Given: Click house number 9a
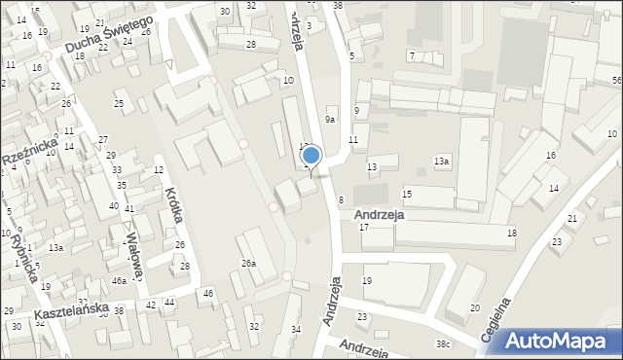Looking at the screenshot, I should [x=331, y=119].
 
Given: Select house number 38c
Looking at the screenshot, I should [x=444, y=344].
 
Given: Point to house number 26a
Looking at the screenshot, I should [x=249, y=264].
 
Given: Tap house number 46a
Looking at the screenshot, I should [x=119, y=280].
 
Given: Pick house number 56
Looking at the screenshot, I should [x=616, y=80].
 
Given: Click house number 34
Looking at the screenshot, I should [x=296, y=330].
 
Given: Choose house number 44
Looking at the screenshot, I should [x=168, y=303].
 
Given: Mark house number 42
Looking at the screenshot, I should [x=150, y=305].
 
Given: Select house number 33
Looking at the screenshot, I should [x=118, y=170].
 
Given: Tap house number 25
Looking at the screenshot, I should [x=119, y=104].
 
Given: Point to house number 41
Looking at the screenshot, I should [x=128, y=209].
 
